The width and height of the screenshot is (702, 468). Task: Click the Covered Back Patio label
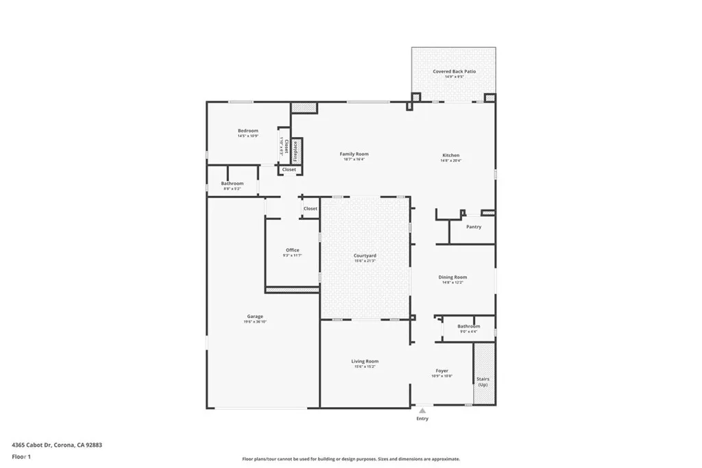454,71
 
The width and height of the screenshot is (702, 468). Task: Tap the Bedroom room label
248,131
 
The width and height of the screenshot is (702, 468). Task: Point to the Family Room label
354,154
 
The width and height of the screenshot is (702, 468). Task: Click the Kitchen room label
450,156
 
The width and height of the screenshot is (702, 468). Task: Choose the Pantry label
474,227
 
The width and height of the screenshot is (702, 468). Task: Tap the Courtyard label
365,256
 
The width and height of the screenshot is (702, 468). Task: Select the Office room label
292,250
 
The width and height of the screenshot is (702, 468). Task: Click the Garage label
255,317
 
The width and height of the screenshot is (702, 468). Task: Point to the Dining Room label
452,278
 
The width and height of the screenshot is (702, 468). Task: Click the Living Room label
365,361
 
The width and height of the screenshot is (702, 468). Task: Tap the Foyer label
442,371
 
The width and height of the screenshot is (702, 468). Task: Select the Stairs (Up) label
483,382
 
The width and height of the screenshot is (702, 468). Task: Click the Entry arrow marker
422,410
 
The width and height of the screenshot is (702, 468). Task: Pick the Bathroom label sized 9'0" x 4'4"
469,327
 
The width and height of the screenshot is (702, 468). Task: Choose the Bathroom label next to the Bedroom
232,184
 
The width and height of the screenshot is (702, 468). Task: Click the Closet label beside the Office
311,208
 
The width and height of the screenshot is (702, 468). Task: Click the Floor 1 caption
22,456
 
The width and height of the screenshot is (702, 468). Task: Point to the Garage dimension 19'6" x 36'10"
255,321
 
